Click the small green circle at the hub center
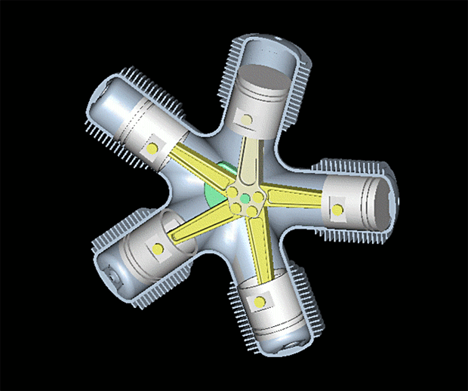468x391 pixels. click(x=244, y=199)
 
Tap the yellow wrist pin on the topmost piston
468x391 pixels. click(x=246, y=119)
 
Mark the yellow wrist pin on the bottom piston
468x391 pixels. click(x=260, y=302)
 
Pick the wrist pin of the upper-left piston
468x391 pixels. click(x=152, y=148)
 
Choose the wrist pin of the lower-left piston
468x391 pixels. click(x=158, y=248)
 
